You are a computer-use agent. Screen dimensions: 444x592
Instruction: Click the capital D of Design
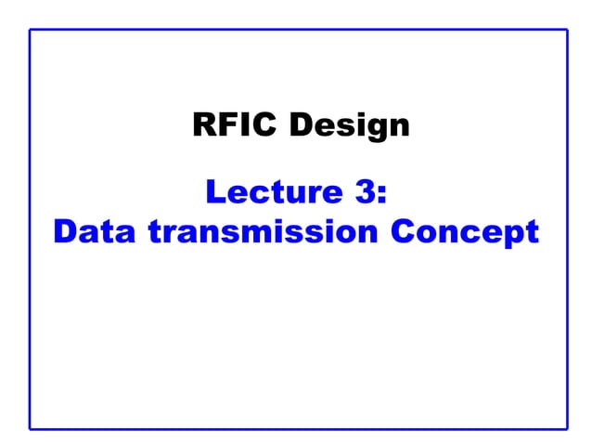pyautogui.click(x=301, y=124)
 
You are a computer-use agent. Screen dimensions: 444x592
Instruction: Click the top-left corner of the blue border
pyautogui.click(x=30, y=30)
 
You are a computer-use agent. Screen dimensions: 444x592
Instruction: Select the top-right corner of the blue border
pyautogui.click(x=566, y=30)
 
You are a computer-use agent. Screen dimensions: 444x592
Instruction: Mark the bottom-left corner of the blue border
pyautogui.click(x=30, y=428)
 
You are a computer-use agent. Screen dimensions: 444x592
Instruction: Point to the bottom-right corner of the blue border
pyautogui.click(x=566, y=428)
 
